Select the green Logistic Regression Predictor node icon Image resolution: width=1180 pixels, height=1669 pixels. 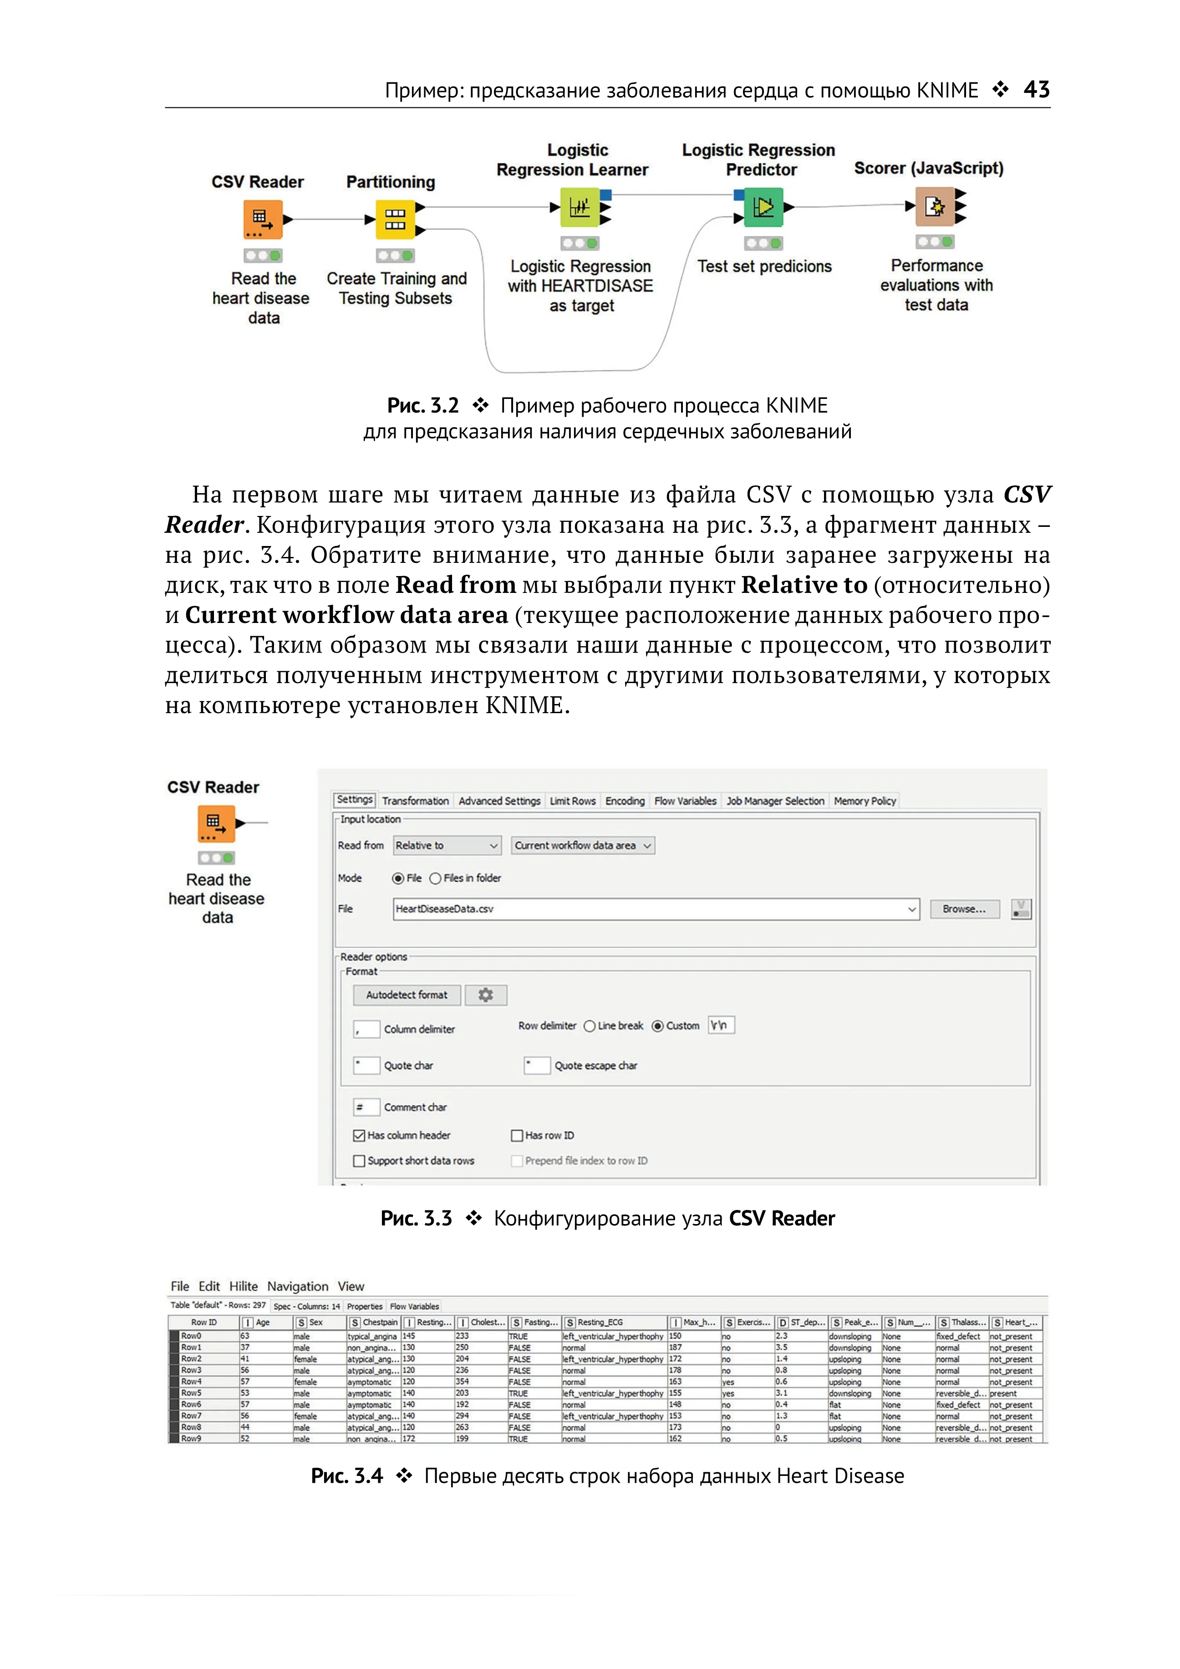763,207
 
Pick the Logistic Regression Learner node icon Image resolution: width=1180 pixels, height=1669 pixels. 579,207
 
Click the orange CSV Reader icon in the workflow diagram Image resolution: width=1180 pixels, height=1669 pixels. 262,219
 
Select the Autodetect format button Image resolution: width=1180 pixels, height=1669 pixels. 407,995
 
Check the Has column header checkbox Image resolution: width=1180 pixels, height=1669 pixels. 359,1135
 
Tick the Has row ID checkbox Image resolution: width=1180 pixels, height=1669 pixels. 517,1135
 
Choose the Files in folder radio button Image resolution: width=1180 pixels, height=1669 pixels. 435,878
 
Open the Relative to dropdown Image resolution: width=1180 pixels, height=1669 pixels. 446,845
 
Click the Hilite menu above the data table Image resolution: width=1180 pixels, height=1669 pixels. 244,1286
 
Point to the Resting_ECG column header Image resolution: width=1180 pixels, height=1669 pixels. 614,1322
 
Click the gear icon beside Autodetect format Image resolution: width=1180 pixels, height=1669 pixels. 485,995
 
